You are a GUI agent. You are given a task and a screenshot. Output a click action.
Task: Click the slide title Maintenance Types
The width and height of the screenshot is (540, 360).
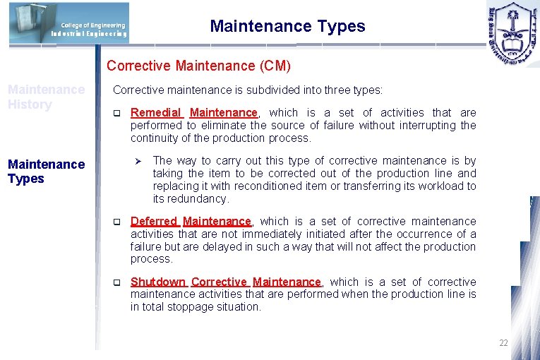tap(287, 27)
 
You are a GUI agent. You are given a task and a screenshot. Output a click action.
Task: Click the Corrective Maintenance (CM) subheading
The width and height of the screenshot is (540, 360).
tap(198, 66)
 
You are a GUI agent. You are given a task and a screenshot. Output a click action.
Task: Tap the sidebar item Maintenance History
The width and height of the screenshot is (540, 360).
tap(46, 97)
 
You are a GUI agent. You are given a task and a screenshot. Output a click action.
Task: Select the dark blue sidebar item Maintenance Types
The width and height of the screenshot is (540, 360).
tap(46, 172)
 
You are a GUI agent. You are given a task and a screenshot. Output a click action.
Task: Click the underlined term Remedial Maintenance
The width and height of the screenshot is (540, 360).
tap(194, 113)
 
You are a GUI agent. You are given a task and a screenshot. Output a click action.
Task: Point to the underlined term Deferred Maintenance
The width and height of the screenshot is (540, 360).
tap(191, 222)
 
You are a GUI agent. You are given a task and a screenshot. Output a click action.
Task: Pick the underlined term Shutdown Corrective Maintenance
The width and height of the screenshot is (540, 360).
tap(225, 282)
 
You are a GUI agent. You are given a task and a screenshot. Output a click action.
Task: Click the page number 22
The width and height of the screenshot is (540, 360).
tap(503, 343)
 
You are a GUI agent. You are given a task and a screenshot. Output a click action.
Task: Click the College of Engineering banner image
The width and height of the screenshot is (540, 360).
tap(69, 23)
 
